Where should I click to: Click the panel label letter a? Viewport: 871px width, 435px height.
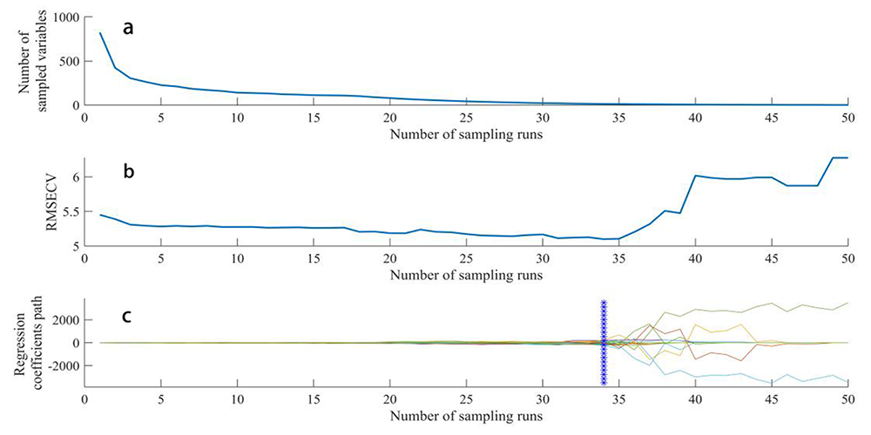coord(128,28)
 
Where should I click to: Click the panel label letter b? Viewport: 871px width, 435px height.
coord(128,171)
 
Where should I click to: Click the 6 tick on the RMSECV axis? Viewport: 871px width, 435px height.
coord(75,177)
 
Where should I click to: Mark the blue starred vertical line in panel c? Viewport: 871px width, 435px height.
coord(604,343)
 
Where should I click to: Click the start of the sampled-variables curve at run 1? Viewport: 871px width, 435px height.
coord(100,33)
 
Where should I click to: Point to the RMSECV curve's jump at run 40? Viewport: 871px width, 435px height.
coord(695,176)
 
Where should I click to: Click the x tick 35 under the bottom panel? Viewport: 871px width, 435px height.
coord(618,400)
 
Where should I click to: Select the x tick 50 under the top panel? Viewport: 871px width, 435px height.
coord(847,118)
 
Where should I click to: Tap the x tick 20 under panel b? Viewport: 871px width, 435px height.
coord(389,259)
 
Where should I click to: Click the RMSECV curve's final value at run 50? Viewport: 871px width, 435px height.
coord(847,157)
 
